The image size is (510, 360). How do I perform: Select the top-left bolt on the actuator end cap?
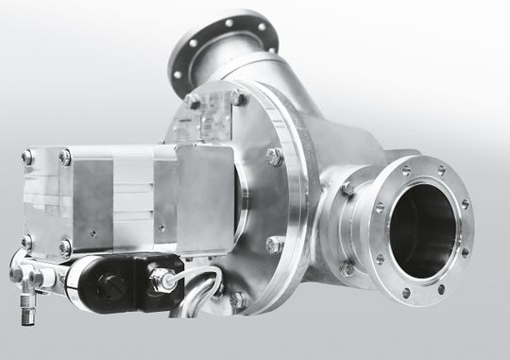[x=29, y=158]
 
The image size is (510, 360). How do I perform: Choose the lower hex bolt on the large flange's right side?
[x=274, y=245]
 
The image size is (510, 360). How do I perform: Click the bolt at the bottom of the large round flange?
[x=236, y=300]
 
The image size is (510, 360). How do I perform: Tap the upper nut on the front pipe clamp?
[x=348, y=188]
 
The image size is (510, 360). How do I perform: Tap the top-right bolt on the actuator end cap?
[x=65, y=158]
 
